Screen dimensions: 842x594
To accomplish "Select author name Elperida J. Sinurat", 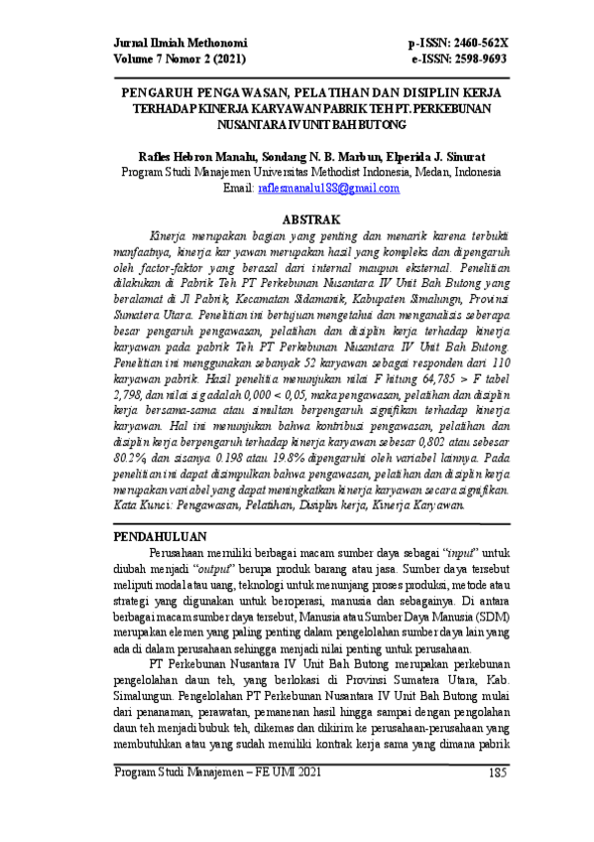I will pyautogui.click(x=430, y=156).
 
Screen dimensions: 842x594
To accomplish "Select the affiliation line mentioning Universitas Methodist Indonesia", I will pyautogui.click(x=311, y=172).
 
